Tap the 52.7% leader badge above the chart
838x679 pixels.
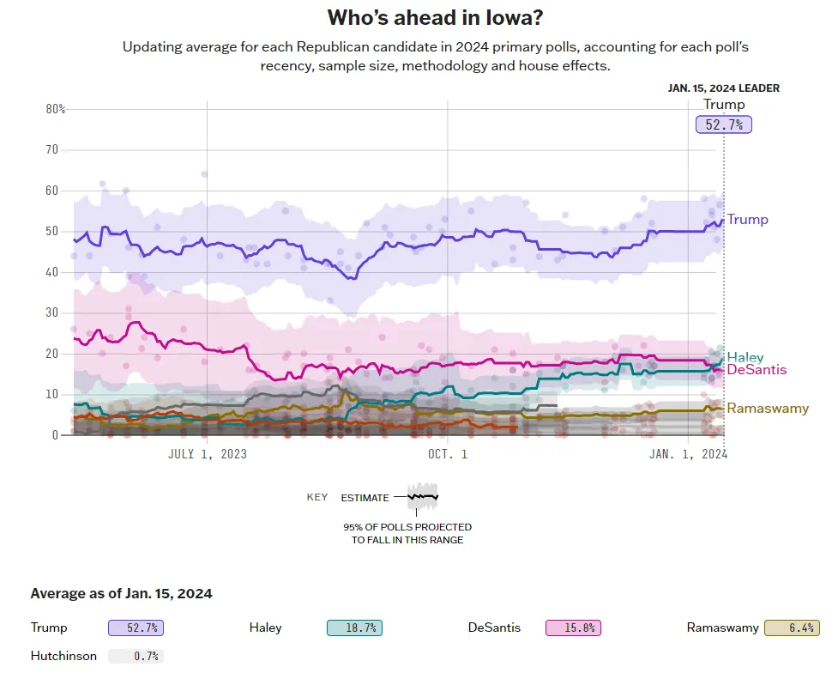tap(723, 124)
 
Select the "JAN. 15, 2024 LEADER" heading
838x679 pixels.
tap(723, 88)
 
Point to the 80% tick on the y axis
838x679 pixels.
tap(56, 109)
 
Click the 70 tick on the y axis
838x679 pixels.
tap(51, 149)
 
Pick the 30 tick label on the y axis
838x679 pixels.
tap(51, 312)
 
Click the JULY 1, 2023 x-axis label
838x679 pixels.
tap(207, 453)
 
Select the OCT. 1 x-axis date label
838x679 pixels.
tap(447, 453)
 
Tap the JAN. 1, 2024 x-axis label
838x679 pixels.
tap(688, 453)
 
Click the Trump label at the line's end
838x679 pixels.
tap(747, 220)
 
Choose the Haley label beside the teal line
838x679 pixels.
tap(745, 357)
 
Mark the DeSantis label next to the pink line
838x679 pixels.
tap(757, 370)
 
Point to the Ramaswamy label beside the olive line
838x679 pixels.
tap(768, 409)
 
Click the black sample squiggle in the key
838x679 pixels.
tap(423, 496)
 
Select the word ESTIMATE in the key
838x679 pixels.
tap(365, 498)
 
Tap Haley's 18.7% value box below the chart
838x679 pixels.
tap(354, 628)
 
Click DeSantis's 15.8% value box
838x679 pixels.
tap(573, 628)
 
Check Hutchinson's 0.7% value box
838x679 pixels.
tap(136, 657)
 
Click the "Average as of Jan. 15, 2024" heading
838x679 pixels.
tap(121, 593)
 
